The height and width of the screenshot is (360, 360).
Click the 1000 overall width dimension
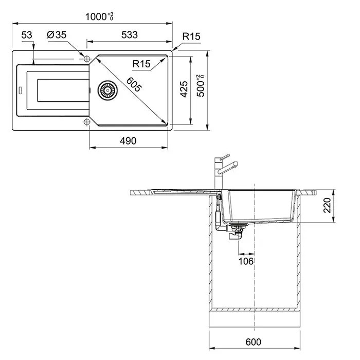point(99,16)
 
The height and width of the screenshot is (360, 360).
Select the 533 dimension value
point(130,35)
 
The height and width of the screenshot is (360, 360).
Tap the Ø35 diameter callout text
point(57,35)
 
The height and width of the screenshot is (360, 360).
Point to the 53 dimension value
point(27,35)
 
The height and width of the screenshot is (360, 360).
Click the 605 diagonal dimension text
point(134,84)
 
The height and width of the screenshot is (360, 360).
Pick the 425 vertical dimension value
point(184,89)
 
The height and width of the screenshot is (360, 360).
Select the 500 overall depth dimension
point(201,86)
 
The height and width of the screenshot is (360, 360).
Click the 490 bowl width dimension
point(128,141)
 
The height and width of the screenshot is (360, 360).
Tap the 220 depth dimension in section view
point(327,205)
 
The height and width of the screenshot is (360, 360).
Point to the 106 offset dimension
point(246,261)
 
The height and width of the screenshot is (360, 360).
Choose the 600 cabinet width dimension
point(253,342)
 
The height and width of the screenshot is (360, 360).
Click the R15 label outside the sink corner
point(191,37)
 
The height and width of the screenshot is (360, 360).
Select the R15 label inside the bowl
point(141,64)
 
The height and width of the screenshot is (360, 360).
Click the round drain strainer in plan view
point(107,90)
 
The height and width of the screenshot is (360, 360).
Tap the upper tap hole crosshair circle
point(86,59)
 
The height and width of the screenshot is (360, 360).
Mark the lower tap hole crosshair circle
point(86,122)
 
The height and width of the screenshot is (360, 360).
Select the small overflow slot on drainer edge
point(20,91)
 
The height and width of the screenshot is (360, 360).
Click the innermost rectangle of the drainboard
point(63,91)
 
